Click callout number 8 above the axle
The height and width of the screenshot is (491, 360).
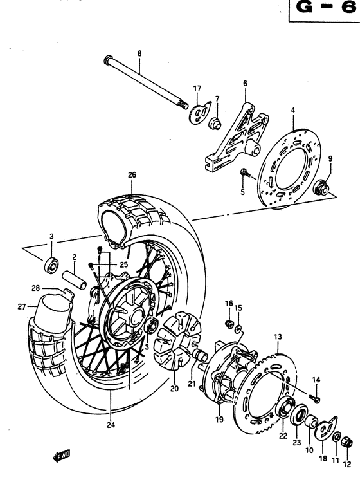139,53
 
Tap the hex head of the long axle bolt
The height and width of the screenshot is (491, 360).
107,60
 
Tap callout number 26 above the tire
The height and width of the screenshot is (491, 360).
132,174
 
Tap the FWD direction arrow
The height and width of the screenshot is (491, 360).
62,457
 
